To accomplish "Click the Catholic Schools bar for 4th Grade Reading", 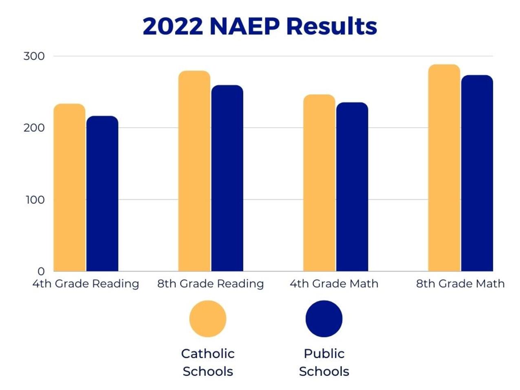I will [x=70, y=187].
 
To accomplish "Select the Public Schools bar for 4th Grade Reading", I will [x=102, y=194].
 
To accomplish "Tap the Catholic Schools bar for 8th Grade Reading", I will [x=194, y=171].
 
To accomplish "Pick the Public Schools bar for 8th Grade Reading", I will [x=227, y=178].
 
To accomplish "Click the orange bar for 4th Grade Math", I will [x=319, y=183].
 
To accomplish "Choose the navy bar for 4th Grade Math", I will [x=352, y=187].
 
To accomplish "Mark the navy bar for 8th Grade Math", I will [x=477, y=173].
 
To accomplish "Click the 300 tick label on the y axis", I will [x=34, y=56].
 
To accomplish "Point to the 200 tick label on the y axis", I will [x=34, y=128].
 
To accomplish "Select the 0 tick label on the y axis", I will [x=41, y=271].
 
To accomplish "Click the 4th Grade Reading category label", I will [x=86, y=284].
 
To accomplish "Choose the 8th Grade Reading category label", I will [x=211, y=284].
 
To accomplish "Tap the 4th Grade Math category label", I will [x=334, y=284].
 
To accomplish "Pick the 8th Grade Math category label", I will [x=460, y=284].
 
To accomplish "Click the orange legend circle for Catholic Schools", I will [x=208, y=319].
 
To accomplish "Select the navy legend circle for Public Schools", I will [x=324, y=319].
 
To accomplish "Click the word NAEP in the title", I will [x=244, y=26].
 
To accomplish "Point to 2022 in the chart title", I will [x=173, y=26].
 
